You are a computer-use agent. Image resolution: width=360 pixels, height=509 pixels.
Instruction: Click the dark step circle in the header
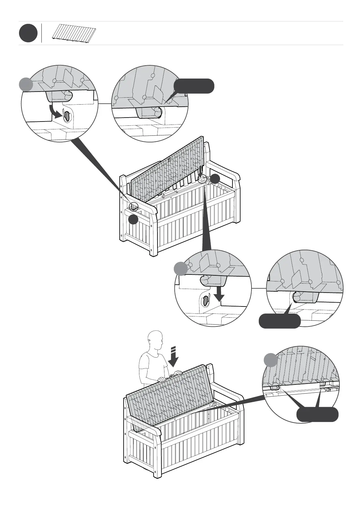coord(28,33)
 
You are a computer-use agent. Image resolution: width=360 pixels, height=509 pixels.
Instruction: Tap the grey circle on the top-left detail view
coord(26,84)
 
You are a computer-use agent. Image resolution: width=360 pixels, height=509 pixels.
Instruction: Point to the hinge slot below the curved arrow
coord(67,116)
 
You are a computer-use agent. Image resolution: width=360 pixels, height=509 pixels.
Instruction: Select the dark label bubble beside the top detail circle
coord(194,86)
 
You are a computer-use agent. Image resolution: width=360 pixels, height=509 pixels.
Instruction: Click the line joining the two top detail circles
coord(105,103)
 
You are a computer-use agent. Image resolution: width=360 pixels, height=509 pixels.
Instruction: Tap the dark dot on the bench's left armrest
coord(133,219)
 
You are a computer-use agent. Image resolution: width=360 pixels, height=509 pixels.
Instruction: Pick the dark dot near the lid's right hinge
coord(215,179)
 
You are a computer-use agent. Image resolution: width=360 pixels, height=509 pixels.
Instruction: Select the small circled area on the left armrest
coord(133,206)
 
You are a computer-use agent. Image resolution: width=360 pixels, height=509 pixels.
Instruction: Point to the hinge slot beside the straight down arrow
coord(206,300)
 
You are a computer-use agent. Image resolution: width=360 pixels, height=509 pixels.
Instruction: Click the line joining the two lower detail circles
coord(259,288)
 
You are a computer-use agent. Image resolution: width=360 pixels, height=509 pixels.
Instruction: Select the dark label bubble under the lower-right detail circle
coord(280,321)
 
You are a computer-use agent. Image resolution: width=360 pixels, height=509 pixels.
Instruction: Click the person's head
coord(156,340)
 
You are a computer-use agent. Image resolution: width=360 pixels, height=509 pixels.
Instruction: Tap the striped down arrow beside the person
coord(173,357)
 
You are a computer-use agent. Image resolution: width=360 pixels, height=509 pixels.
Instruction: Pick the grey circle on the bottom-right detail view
coord(271,360)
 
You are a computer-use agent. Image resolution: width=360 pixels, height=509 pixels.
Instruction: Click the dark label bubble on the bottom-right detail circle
coord(317,414)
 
